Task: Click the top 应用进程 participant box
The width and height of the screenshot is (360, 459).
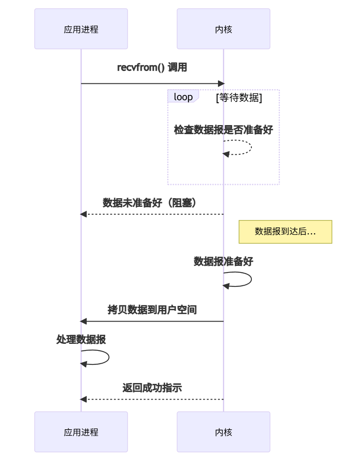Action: tap(81, 29)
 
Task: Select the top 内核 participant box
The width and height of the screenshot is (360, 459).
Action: tap(223, 29)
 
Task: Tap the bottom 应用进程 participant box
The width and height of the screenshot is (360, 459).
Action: tap(81, 432)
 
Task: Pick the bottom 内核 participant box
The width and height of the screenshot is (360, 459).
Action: tap(223, 432)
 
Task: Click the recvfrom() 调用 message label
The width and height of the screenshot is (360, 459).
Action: tap(152, 68)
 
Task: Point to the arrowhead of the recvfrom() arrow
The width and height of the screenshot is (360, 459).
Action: tap(221, 84)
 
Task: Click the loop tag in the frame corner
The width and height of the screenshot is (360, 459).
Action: tap(183, 97)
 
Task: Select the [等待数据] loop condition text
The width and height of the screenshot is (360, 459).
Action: tap(239, 98)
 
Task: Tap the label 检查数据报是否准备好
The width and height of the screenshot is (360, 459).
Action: tap(223, 130)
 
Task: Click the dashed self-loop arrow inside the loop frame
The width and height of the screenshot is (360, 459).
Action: tap(250, 147)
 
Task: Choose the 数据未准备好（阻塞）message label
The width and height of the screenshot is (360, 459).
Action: tap(152, 203)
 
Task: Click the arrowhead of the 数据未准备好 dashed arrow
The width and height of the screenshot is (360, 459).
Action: tap(83, 214)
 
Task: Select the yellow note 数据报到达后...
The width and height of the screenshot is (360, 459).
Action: tap(285, 232)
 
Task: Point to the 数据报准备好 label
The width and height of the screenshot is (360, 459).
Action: tap(223, 261)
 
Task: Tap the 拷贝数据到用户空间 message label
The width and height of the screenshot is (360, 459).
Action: tap(152, 310)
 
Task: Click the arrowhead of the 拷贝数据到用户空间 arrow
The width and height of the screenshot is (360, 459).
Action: tap(83, 321)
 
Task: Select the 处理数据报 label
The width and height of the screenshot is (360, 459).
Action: tap(81, 339)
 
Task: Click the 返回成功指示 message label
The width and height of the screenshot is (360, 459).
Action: tap(152, 388)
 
